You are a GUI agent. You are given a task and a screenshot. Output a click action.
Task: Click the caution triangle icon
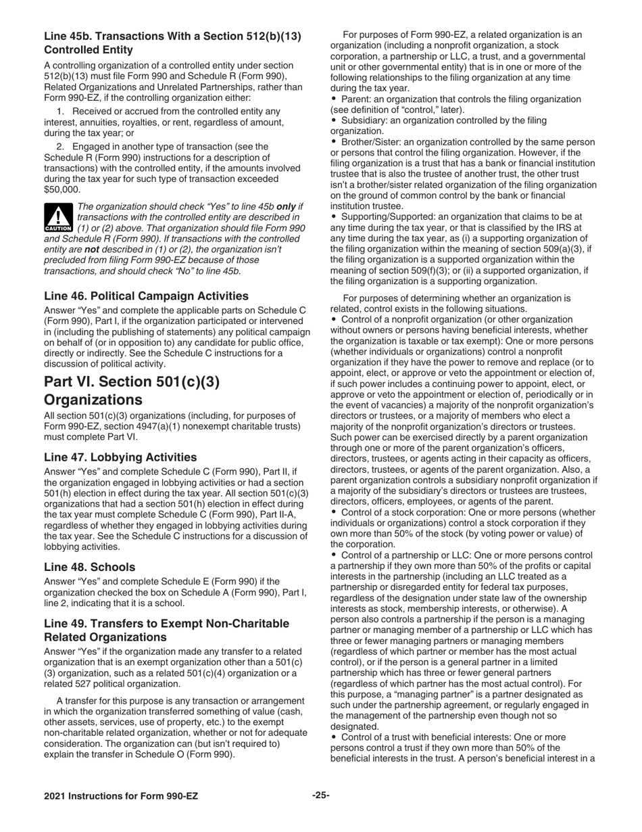(58, 218)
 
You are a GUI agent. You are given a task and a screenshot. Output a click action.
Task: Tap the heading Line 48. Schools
(89, 567)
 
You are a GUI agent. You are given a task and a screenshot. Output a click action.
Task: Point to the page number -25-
(320, 795)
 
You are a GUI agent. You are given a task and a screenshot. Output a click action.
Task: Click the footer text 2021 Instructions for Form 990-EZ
(121, 796)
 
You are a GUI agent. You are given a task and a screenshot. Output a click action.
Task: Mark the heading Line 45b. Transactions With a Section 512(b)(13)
(172, 35)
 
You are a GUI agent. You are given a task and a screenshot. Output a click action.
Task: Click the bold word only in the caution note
(287, 206)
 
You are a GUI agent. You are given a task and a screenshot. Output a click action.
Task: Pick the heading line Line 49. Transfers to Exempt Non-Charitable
(166, 623)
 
